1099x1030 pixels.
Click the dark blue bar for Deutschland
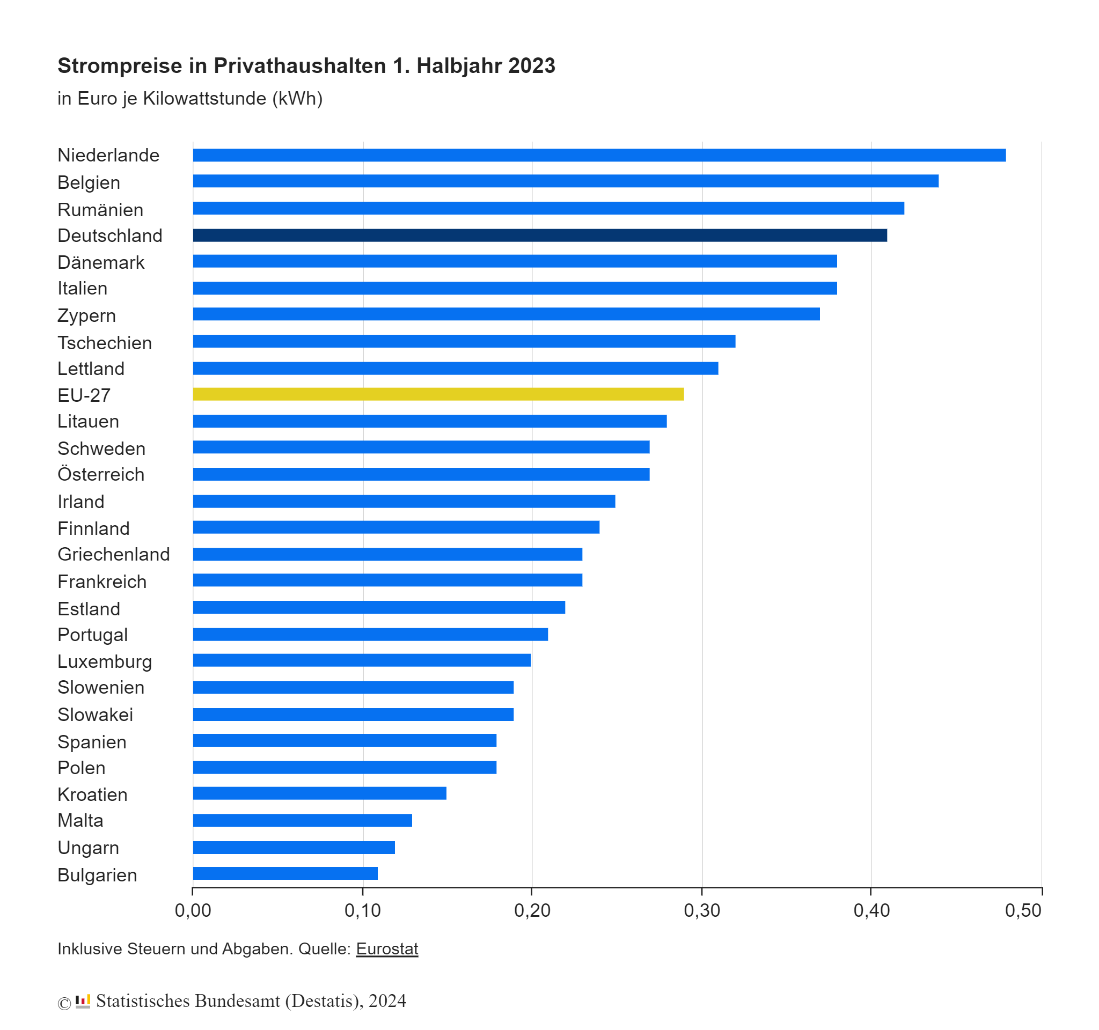pyautogui.click(x=539, y=236)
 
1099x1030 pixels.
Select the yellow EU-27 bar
pyautogui.click(x=438, y=394)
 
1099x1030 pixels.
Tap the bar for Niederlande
pyautogui.click(x=599, y=155)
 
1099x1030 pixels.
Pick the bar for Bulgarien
pyautogui.click(x=285, y=873)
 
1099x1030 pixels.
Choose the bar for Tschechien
pyautogui.click(x=464, y=341)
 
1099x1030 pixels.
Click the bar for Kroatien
pyautogui.click(x=319, y=793)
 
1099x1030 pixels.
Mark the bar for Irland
pyautogui.click(x=404, y=501)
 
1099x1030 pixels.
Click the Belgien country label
pyautogui.click(x=89, y=182)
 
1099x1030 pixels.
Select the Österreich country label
pyautogui.click(x=101, y=474)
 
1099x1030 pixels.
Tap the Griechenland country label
pyautogui.click(x=114, y=554)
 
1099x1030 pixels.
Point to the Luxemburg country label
pyautogui.click(x=105, y=661)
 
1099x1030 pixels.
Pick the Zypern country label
pyautogui.click(x=87, y=315)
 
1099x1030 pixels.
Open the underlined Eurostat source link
pyautogui.click(x=387, y=949)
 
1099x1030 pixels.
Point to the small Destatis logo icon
pyautogui.click(x=83, y=1000)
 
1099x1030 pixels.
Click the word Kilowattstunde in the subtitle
pyautogui.click(x=204, y=98)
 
